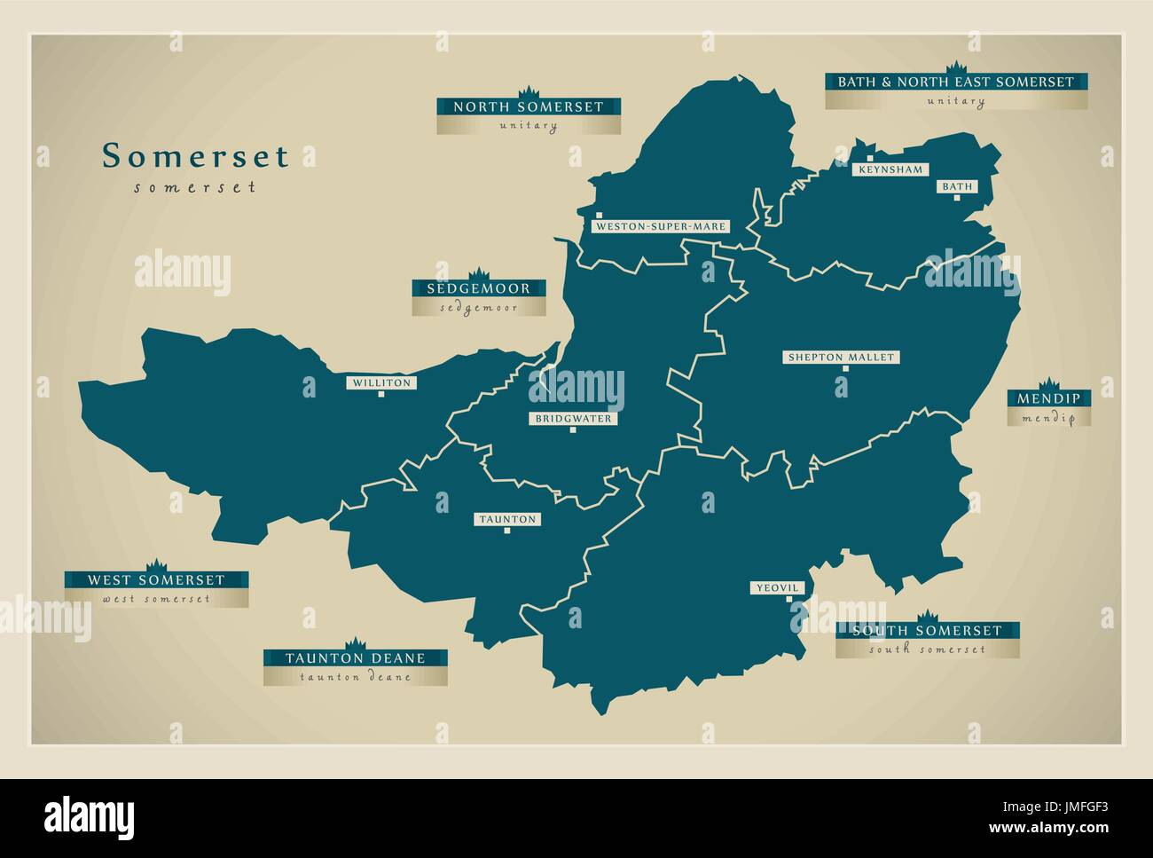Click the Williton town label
(x=380, y=383)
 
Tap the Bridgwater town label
(x=573, y=419)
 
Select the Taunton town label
(x=506, y=519)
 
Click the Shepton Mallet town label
(x=840, y=358)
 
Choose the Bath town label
(x=956, y=187)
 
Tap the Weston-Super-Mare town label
(x=662, y=226)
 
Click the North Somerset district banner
(x=529, y=107)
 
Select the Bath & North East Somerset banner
(x=956, y=82)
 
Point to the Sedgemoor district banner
(x=478, y=288)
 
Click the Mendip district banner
(x=1048, y=399)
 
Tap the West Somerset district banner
(x=156, y=580)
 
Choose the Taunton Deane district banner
(x=355, y=658)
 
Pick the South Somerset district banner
(x=927, y=631)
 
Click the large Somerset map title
(x=195, y=156)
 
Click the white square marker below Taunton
(x=507, y=531)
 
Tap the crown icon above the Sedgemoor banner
(x=478, y=272)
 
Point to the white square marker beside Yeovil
(x=789, y=599)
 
